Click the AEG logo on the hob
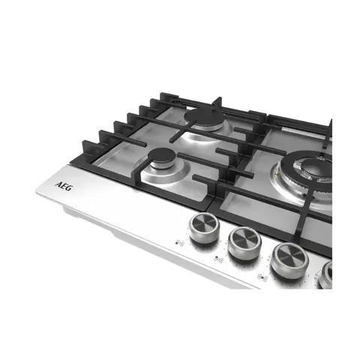pyautogui.click(x=63, y=187)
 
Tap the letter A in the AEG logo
pyautogui.click(x=58, y=184)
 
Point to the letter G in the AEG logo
pyautogui.click(x=68, y=188)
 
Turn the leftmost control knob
pyautogui.click(x=204, y=228)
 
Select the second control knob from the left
pyautogui.click(x=244, y=244)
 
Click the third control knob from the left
pyautogui.click(x=289, y=260)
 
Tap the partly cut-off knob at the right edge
pyautogui.click(x=325, y=274)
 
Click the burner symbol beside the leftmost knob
pyautogui.click(x=180, y=243)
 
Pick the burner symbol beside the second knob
pyautogui.click(x=218, y=259)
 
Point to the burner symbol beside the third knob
pyautogui.click(x=262, y=277)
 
